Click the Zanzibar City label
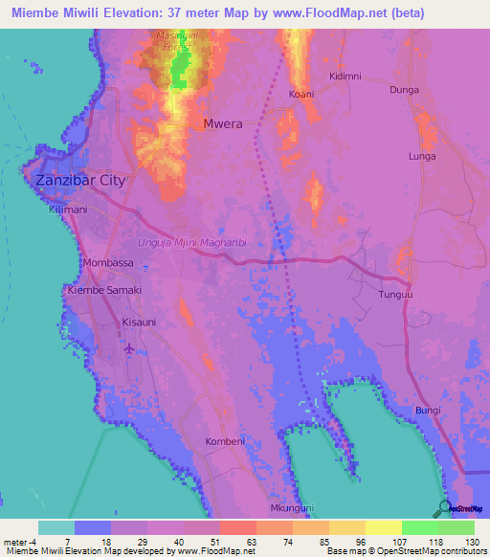(x=80, y=180)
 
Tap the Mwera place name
(x=221, y=123)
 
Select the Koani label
(x=301, y=94)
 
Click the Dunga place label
(x=405, y=90)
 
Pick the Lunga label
(x=422, y=156)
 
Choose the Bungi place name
(x=429, y=411)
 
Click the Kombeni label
(x=226, y=441)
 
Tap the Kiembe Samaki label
(x=103, y=290)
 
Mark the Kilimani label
(x=68, y=210)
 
